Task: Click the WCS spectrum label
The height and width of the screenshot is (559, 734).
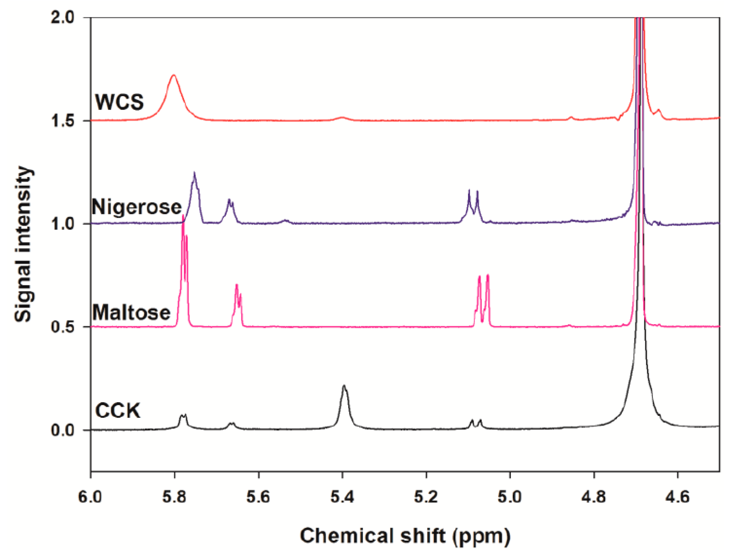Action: click(x=119, y=102)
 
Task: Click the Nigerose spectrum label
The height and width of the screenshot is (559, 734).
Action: click(x=137, y=207)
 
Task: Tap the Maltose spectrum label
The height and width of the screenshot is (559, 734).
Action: click(x=132, y=312)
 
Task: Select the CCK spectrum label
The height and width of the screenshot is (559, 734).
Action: click(x=118, y=411)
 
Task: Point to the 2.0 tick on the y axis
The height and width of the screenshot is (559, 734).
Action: click(x=63, y=17)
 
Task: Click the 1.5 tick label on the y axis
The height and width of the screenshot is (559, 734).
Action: click(x=63, y=121)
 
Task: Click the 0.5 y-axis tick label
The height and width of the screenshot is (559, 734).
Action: click(x=63, y=327)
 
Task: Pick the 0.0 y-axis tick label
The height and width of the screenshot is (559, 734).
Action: click(x=63, y=430)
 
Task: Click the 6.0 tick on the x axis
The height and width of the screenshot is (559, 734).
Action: click(x=90, y=497)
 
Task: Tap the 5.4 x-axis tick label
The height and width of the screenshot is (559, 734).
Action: click(x=342, y=497)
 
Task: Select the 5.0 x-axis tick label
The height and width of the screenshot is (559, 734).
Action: click(x=510, y=497)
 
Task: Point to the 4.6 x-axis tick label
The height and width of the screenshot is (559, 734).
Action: click(x=678, y=497)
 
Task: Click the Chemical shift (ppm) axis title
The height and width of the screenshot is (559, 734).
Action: click(x=405, y=536)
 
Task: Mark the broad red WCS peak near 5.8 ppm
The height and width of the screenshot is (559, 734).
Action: click(x=174, y=77)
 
